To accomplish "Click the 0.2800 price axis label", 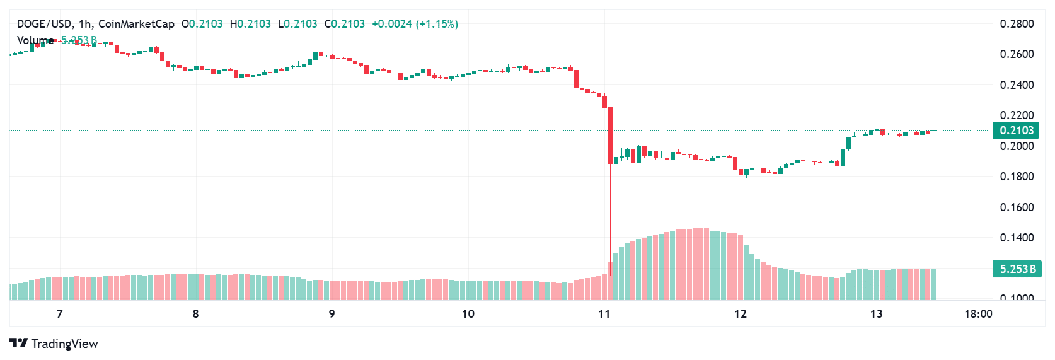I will click(x=1017, y=24).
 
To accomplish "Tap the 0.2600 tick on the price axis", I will click(x=1017, y=54).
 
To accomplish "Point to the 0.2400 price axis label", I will click(x=1017, y=85).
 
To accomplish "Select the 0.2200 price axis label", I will click(x=1017, y=115).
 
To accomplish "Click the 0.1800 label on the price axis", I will click(x=1017, y=177).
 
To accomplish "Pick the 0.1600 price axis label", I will click(x=1017, y=207).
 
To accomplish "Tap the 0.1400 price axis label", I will click(x=1017, y=238).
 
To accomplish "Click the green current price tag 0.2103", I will click(x=1016, y=131).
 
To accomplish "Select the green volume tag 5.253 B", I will click(x=1016, y=269).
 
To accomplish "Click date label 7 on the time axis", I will click(x=60, y=314).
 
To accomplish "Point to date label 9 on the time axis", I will click(x=332, y=314).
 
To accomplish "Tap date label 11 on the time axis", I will click(x=604, y=314).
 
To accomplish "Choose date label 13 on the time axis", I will click(x=876, y=314).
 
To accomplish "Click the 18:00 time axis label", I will click(x=978, y=314).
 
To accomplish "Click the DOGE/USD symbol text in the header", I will click(x=43, y=24).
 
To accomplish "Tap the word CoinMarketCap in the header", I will click(x=136, y=24).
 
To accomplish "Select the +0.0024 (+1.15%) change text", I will click(x=415, y=24).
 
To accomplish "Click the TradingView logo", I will click(x=54, y=344).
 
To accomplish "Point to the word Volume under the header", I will click(x=35, y=40).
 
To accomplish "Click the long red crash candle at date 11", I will click(x=610, y=136).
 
